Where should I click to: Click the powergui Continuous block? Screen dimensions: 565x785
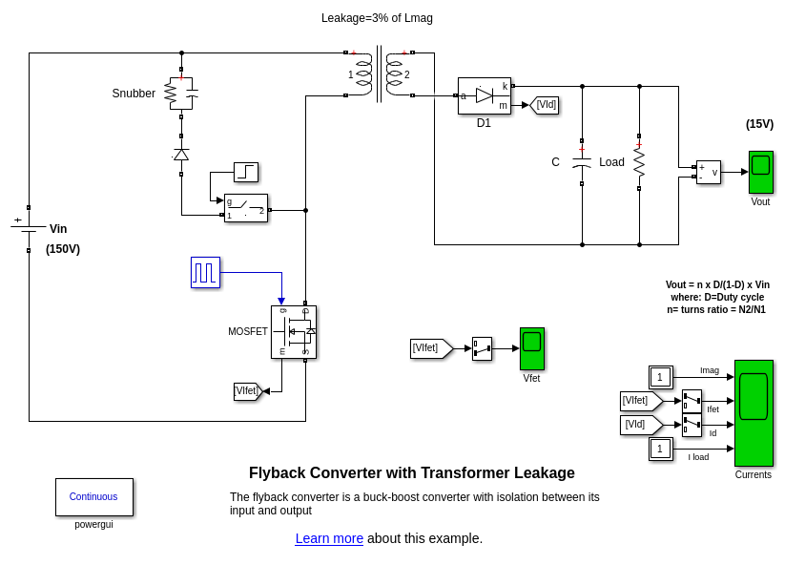(94, 497)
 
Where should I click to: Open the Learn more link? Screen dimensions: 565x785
(329, 538)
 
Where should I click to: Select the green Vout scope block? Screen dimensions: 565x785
(760, 172)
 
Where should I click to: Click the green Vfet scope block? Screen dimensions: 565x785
(531, 348)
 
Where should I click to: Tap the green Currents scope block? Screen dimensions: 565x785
(754, 412)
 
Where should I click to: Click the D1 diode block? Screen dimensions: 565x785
(484, 95)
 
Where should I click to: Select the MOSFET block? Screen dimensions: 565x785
(293, 332)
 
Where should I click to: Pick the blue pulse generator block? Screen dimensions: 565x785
(205, 272)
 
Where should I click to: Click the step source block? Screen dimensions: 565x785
(246, 172)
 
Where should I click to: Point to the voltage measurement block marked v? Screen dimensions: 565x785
(708, 172)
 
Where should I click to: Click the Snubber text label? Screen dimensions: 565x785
(134, 94)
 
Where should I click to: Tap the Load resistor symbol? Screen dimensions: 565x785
(639, 162)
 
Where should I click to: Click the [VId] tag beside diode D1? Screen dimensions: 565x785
(545, 104)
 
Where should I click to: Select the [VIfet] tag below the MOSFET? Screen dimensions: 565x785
(247, 390)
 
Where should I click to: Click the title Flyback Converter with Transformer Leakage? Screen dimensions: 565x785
(411, 473)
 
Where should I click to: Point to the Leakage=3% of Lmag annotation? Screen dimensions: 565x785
(377, 18)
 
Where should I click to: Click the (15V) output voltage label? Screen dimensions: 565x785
(759, 124)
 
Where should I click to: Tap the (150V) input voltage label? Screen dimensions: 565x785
(63, 249)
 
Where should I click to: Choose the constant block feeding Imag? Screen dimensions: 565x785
(660, 377)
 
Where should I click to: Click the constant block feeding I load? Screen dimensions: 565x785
(660, 449)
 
